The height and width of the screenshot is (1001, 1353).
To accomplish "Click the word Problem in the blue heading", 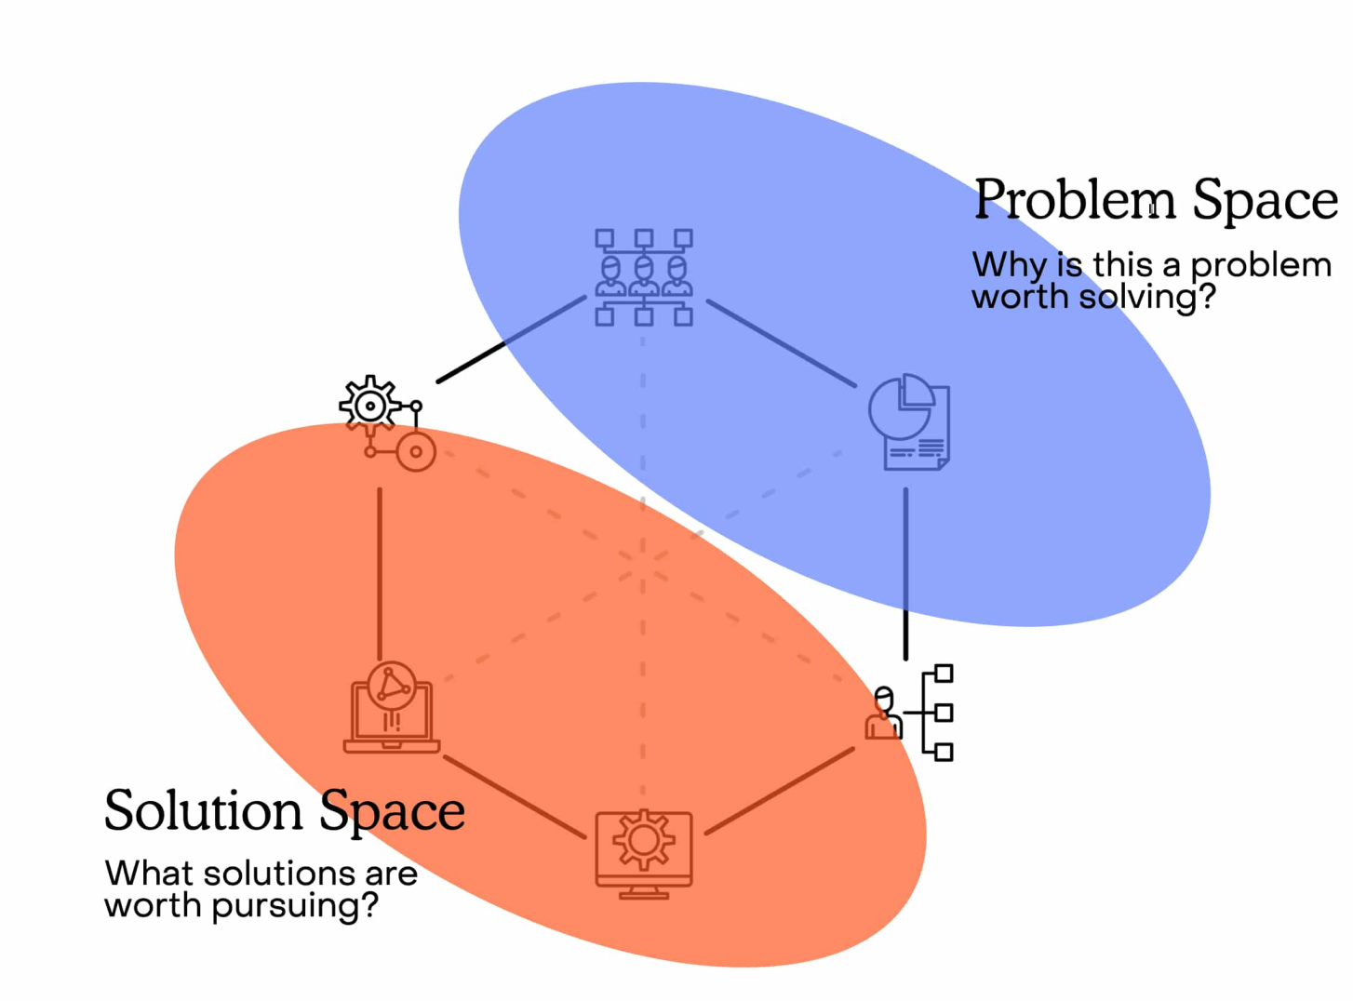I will pyautogui.click(x=1074, y=200).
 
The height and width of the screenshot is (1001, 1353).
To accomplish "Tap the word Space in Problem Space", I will pyautogui.click(x=1265, y=200).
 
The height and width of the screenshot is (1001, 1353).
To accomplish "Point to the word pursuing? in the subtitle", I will pyautogui.click(x=295, y=905).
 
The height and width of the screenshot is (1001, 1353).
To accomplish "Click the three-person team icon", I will pyautogui.click(x=644, y=277).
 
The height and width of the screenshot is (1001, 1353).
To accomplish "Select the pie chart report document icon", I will pyautogui.click(x=909, y=422).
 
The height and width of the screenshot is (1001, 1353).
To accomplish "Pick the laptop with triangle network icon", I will pyautogui.click(x=392, y=708).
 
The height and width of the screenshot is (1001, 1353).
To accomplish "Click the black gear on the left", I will pyautogui.click(x=370, y=405).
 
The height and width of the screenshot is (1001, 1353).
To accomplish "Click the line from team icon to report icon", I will pyautogui.click(x=781, y=342).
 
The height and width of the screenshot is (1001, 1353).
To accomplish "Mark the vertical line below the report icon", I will pyautogui.click(x=905, y=572).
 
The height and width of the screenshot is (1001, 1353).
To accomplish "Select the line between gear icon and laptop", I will pyautogui.click(x=380, y=572).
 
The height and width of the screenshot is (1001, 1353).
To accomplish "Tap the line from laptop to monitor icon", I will pyautogui.click(x=515, y=797).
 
